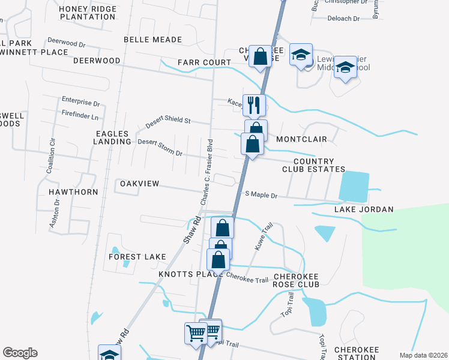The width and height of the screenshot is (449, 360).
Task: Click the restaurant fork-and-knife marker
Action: click(254, 105)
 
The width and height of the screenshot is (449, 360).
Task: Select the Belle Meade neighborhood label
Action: click(152, 40)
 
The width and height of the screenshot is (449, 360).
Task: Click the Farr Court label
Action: click(204, 62)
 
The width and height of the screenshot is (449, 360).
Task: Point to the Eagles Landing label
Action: click(112, 137)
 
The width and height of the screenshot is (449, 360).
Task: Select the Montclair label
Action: click(301, 139)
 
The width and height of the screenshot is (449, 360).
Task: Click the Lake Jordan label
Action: click(364, 209)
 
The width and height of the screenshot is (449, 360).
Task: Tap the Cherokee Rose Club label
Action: click(296, 280)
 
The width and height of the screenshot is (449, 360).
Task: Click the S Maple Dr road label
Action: click(261, 195)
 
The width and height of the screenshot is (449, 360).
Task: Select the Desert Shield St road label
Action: click(168, 122)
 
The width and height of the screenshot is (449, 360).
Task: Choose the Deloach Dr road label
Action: click(343, 19)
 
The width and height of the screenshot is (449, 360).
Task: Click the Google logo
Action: click(20, 353)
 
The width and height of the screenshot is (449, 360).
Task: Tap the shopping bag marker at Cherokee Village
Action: click(261, 57)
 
